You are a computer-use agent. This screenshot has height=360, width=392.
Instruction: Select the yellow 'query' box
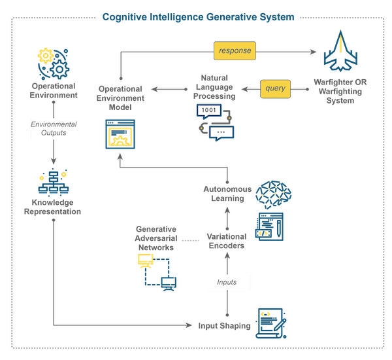tap(276, 88)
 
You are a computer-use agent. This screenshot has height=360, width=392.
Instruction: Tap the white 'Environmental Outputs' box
tap(55, 128)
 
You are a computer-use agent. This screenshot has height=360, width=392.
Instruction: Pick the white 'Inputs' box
tap(226, 282)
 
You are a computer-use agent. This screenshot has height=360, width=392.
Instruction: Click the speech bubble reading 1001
tap(208, 110)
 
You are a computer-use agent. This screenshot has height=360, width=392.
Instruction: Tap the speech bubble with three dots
tap(221, 132)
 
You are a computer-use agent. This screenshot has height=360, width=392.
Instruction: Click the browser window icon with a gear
tap(120, 135)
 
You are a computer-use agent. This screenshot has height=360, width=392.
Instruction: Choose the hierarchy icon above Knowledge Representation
tap(53, 183)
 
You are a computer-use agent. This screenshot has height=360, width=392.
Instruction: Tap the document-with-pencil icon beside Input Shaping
tap(269, 321)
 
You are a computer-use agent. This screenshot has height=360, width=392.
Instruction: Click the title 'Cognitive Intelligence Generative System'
tap(198, 17)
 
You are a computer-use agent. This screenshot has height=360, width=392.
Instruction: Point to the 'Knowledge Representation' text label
tap(53, 207)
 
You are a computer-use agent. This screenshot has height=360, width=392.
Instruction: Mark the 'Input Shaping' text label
tap(225, 325)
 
